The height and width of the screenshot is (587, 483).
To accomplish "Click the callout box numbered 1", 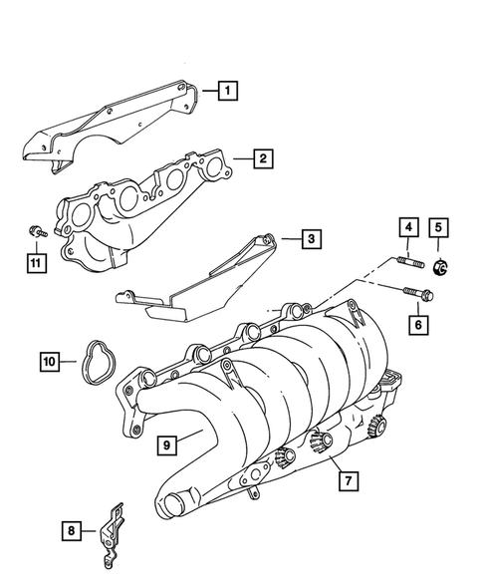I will tap(228, 94).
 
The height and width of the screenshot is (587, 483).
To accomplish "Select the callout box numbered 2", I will tap(261, 157).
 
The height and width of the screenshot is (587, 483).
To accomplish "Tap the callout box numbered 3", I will tap(311, 239).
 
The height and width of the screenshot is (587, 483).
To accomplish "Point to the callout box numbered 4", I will tap(408, 227).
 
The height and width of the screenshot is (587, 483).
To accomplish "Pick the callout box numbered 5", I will tap(438, 227).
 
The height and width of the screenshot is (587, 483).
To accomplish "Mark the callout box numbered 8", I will tap(71, 532).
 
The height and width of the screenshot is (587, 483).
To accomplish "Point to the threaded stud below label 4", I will tap(410, 265).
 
